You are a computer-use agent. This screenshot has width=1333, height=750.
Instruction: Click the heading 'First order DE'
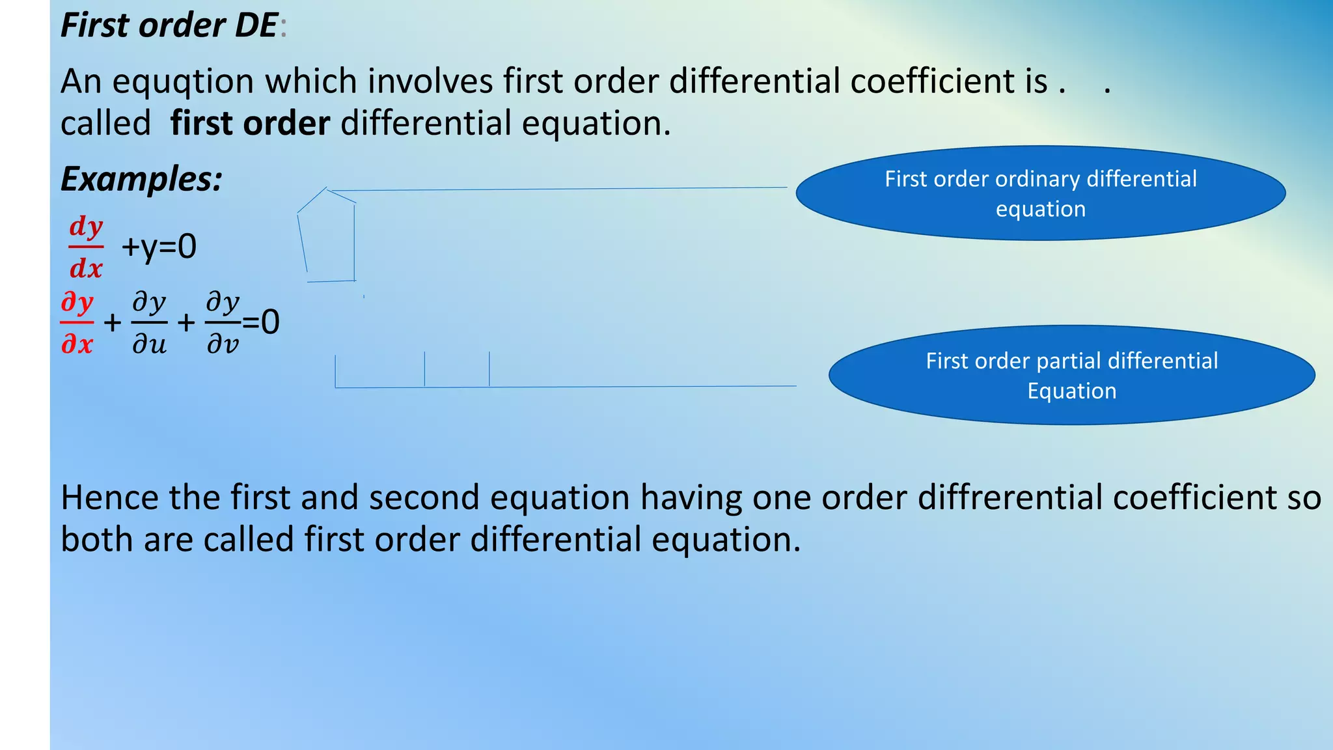tap(169, 26)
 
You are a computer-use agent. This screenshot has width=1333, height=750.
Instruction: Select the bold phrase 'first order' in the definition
tap(250, 124)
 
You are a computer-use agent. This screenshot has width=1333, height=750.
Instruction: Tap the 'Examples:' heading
tap(141, 179)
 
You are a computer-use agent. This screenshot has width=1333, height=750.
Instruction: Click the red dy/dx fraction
tap(86, 247)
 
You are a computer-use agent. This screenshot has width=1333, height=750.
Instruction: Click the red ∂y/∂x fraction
tap(77, 323)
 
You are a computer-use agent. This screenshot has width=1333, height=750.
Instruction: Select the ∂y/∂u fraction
tap(149, 323)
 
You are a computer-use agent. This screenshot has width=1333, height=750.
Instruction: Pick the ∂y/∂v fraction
tap(223, 323)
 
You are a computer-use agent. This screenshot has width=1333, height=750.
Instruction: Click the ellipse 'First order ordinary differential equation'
tap(1040, 193)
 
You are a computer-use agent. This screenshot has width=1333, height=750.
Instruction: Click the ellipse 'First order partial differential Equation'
tap(1071, 376)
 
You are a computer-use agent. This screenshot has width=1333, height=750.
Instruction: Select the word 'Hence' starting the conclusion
tap(109, 498)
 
